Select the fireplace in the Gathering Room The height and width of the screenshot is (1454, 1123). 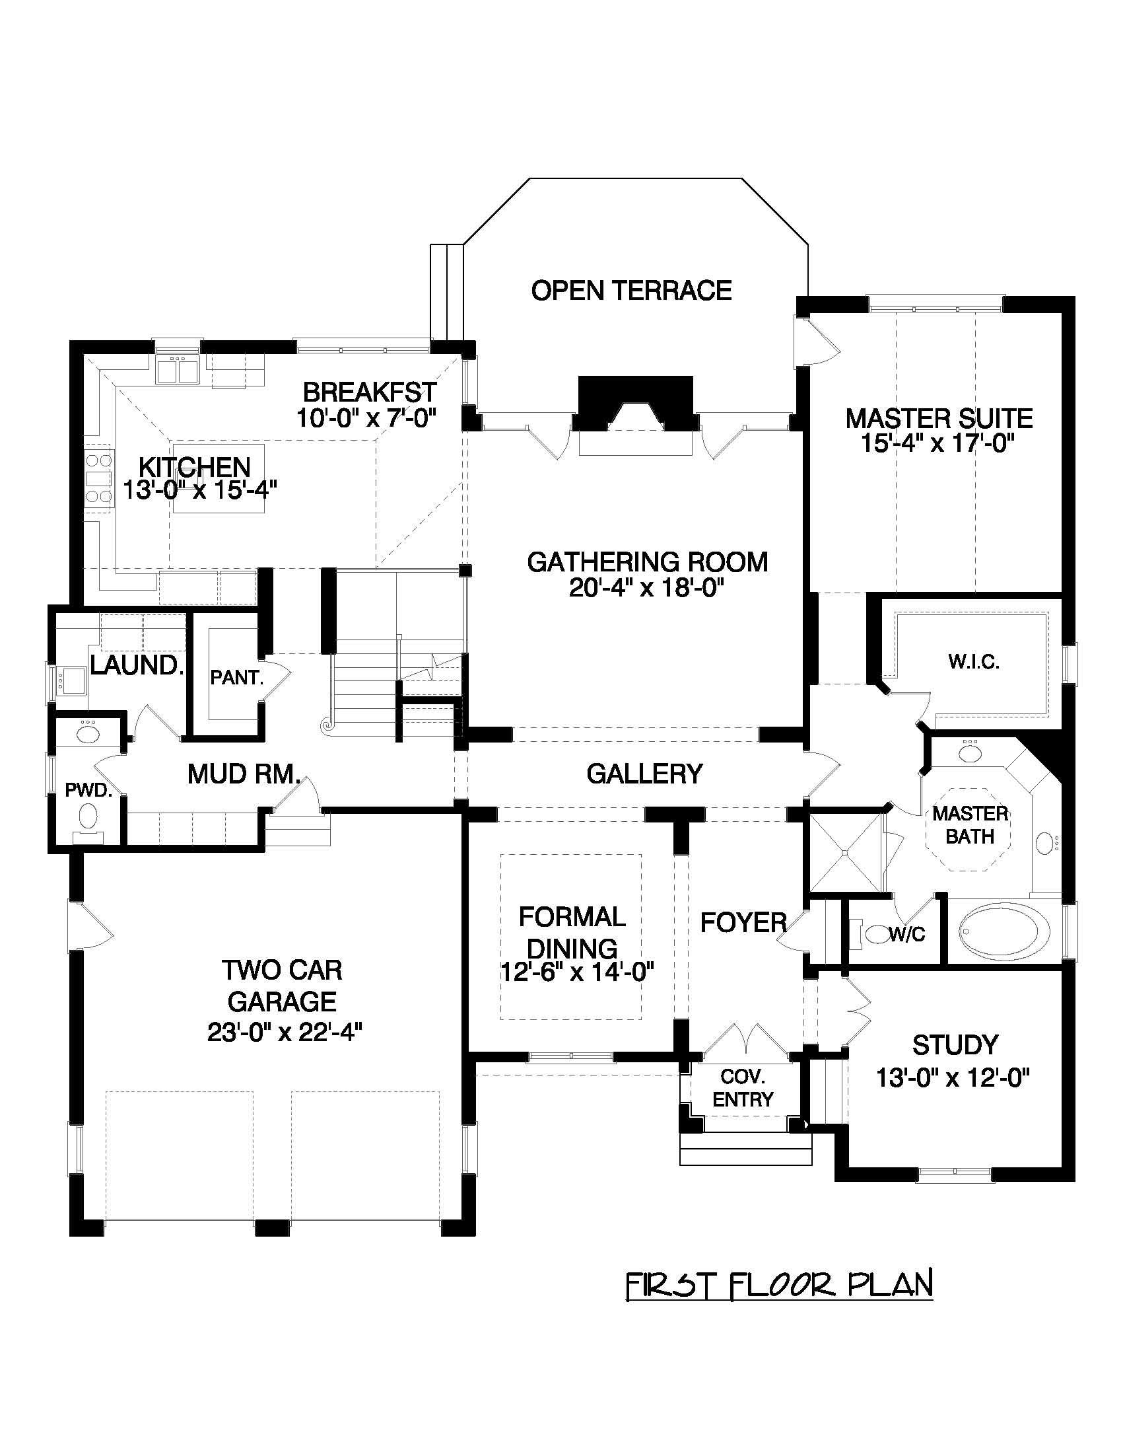[635, 406]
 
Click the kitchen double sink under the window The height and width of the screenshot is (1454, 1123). [177, 369]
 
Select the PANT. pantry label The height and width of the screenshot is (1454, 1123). [237, 678]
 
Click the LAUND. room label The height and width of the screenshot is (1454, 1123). [137, 665]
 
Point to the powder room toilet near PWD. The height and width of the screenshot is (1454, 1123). [87, 815]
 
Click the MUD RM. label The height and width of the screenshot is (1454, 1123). [244, 774]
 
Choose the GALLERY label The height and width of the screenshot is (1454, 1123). [644, 774]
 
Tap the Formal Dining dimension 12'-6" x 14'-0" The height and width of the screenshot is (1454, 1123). [577, 972]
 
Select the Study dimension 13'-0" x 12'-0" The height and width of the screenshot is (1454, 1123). [953, 1077]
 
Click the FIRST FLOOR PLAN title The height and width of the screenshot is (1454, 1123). [778, 1284]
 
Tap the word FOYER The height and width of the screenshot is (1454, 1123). [743, 923]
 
